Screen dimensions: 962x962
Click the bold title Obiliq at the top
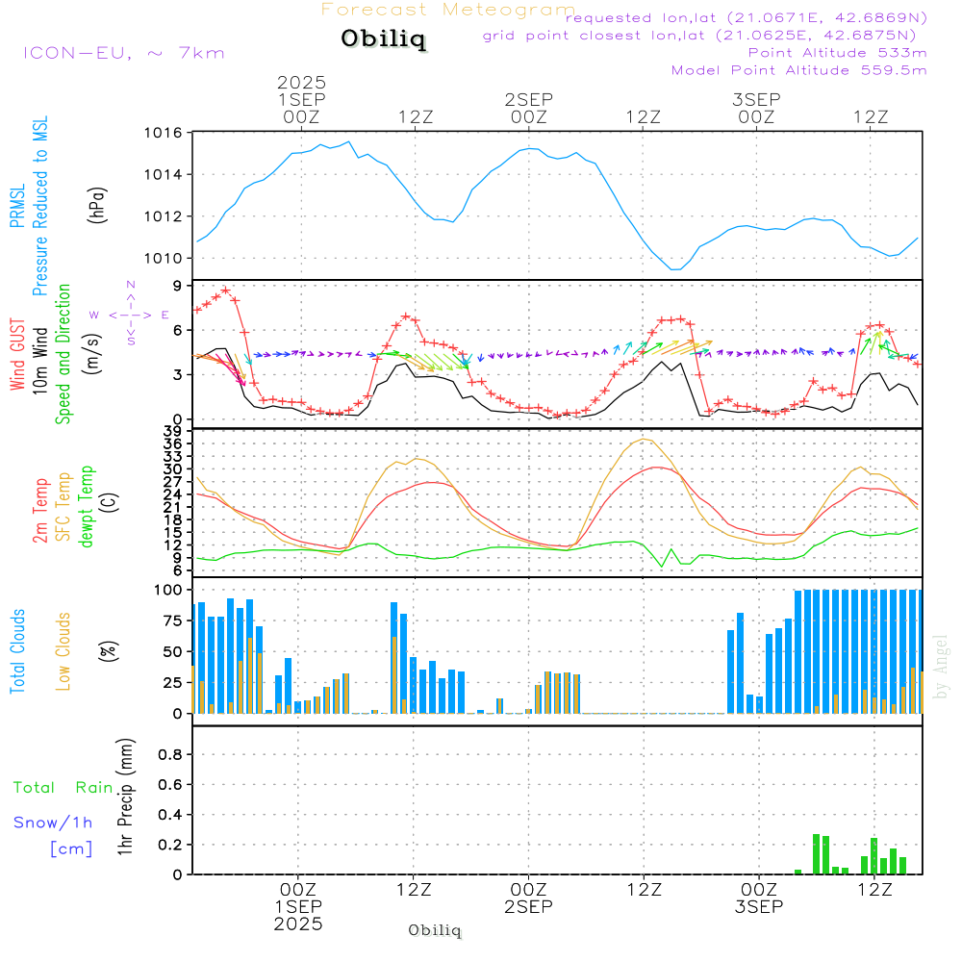click(x=382, y=39)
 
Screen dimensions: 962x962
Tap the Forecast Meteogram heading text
click(x=448, y=10)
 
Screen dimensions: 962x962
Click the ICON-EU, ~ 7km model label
click(x=123, y=53)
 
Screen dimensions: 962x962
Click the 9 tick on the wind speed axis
click(x=177, y=286)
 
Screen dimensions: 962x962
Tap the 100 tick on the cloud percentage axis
click(x=168, y=590)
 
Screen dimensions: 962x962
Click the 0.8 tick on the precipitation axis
click(x=170, y=755)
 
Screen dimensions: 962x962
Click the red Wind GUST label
click(x=17, y=357)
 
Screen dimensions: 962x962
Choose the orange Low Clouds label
click(x=63, y=650)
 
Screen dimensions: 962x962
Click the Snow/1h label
click(x=54, y=823)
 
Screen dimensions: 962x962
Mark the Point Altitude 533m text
click(x=837, y=52)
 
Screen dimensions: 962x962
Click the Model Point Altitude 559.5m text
click(x=798, y=70)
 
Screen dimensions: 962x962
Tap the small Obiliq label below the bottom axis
click(x=435, y=930)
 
